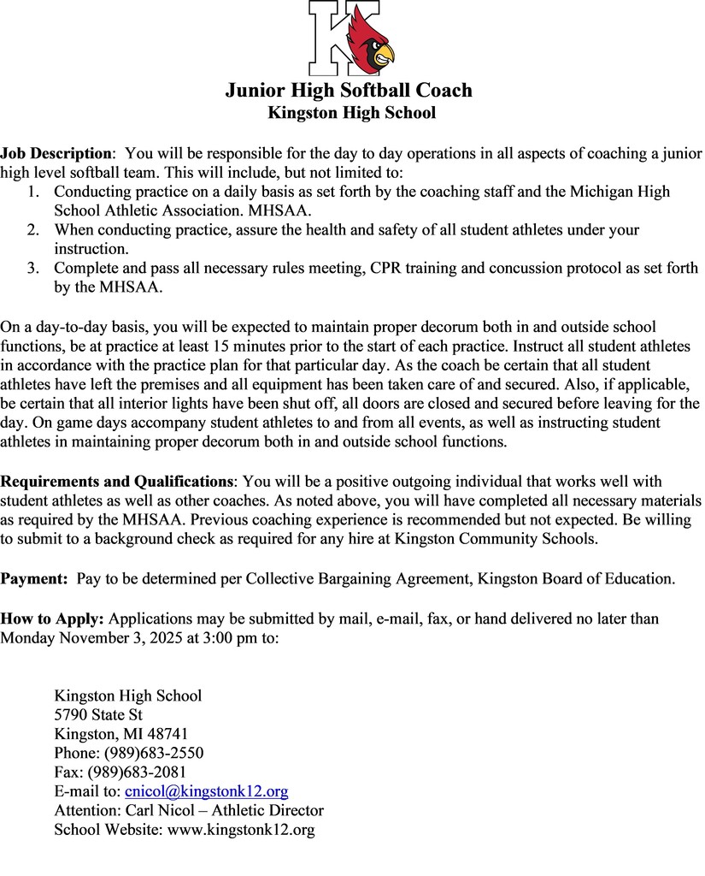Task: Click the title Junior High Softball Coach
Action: pyautogui.click(x=349, y=90)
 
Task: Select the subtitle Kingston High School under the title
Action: pyautogui.click(x=351, y=113)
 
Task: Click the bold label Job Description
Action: pyautogui.click(x=56, y=154)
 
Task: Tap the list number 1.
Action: pyautogui.click(x=32, y=192)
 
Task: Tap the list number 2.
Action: pyautogui.click(x=32, y=230)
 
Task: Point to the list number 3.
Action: pyautogui.click(x=32, y=269)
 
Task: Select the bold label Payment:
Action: pyautogui.click(x=34, y=579)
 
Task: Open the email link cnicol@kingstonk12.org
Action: pyautogui.click(x=206, y=791)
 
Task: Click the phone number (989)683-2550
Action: pyautogui.click(x=154, y=753)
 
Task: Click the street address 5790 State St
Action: pyautogui.click(x=98, y=714)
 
